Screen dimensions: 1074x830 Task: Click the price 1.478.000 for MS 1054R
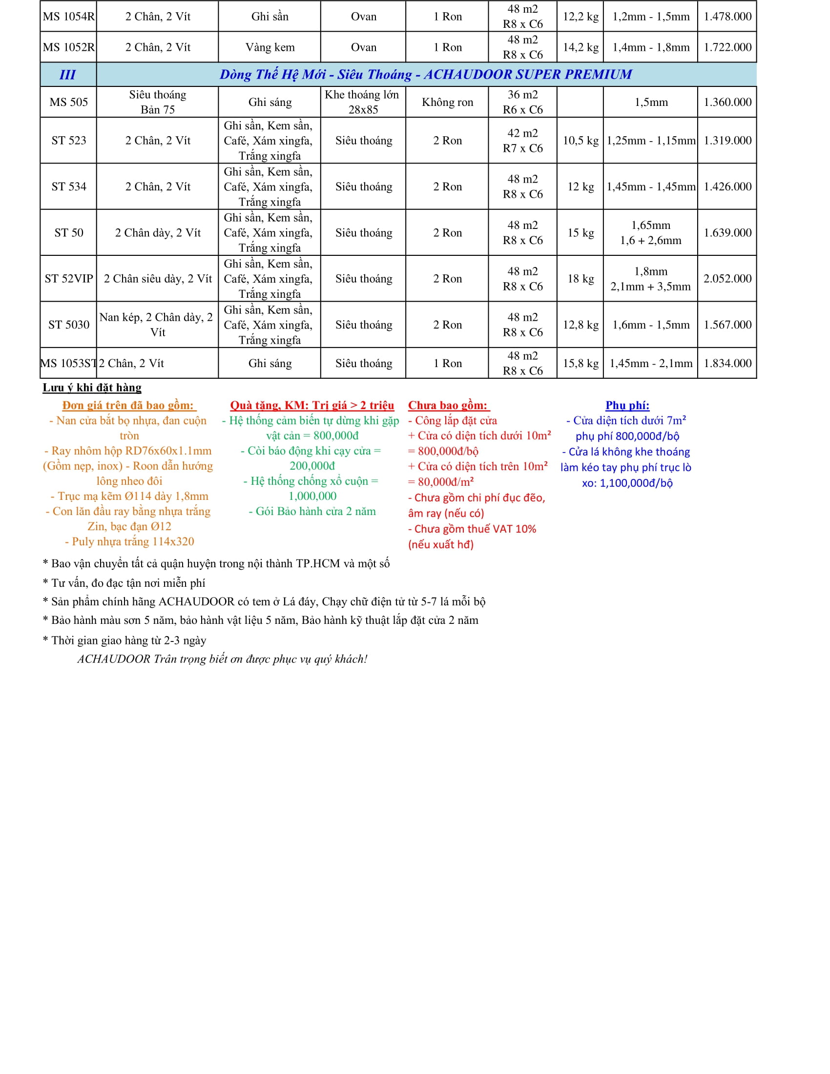727,16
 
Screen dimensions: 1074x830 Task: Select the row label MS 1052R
68,47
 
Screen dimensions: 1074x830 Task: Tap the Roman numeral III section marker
67,75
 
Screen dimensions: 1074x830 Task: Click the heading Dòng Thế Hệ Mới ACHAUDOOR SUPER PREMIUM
426,75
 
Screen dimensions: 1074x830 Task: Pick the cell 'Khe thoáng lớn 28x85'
363,102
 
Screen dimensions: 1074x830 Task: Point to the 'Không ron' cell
447,102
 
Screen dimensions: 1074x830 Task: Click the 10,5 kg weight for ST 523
580,141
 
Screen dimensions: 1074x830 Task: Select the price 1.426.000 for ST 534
727,186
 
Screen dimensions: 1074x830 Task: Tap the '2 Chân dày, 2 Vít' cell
157,232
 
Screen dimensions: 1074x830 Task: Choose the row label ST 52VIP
68,279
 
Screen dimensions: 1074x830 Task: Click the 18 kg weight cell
580,279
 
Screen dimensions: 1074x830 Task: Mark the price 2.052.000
727,279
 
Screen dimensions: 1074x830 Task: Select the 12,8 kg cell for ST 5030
580,325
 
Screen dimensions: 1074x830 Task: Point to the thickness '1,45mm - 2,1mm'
650,363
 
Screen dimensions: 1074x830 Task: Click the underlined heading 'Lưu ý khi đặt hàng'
92,388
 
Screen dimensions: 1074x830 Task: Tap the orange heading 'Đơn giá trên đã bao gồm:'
129,405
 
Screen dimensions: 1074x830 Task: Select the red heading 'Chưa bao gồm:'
448,405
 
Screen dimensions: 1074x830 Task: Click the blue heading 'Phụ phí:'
627,405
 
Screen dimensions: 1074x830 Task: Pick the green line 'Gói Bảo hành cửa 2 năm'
312,512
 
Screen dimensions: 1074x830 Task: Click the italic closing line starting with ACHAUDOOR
222,659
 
